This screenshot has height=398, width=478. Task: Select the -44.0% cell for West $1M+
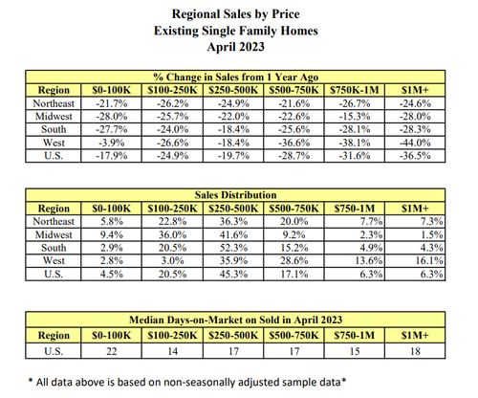(x=415, y=143)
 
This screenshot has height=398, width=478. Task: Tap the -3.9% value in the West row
(x=112, y=143)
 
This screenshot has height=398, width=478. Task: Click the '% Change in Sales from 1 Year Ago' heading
(x=236, y=77)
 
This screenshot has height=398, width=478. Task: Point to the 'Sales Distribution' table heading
(x=236, y=195)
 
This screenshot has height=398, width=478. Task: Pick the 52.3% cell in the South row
(x=233, y=248)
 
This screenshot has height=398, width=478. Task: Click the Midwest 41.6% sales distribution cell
(x=233, y=234)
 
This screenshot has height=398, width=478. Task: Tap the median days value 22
(x=112, y=351)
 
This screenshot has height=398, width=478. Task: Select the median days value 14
(x=173, y=351)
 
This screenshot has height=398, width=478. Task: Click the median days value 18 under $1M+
(x=415, y=351)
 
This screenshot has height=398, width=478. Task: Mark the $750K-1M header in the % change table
(x=355, y=90)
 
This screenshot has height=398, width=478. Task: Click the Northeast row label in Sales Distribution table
(x=54, y=221)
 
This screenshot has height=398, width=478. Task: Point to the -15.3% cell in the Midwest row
(x=355, y=117)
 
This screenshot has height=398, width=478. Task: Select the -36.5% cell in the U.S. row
(x=415, y=156)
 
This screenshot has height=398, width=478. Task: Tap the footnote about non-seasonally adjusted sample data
(x=187, y=382)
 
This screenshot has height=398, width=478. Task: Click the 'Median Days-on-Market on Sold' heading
(x=236, y=320)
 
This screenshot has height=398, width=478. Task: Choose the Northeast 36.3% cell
(x=233, y=221)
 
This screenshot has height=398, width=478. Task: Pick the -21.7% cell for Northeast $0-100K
(x=112, y=103)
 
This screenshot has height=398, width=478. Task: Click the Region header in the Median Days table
(x=54, y=336)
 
